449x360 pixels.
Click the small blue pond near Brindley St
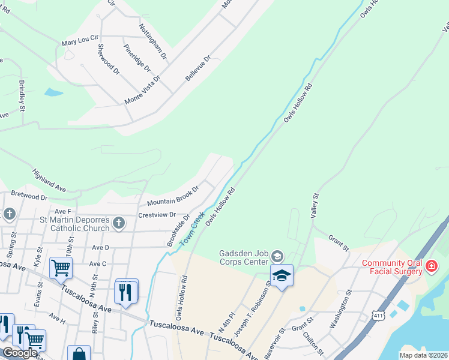pyautogui.click(x=53, y=92)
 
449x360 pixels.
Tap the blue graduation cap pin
pyautogui.click(x=282, y=275)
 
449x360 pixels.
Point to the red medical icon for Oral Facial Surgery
pyautogui.click(x=430, y=266)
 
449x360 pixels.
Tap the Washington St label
pyautogui.click(x=340, y=310)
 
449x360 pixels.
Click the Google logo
pyautogui.click(x=19, y=353)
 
